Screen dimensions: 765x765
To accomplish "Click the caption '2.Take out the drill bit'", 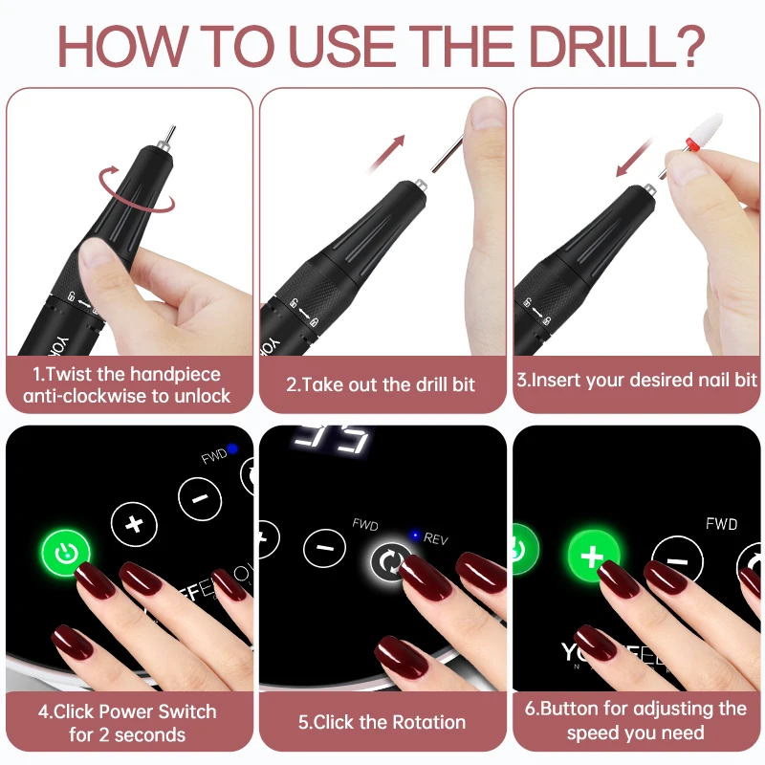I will [381, 384].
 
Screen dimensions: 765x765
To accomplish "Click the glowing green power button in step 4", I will [65, 554].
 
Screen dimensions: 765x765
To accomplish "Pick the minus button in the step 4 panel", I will [200, 498].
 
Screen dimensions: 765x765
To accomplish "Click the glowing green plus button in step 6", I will [593, 555].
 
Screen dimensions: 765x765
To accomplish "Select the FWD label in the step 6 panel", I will [721, 524].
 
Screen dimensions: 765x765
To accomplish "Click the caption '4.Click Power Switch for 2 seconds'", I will [128, 723].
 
